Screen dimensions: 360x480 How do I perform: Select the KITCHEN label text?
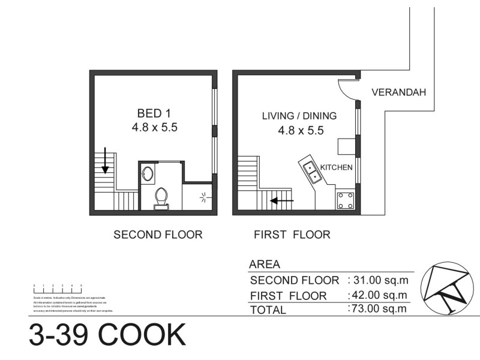tap(336, 167)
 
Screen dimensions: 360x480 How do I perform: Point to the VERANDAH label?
tap(398, 92)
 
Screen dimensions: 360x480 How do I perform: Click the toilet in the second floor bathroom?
tap(161, 197)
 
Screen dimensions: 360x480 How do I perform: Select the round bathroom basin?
tap(148, 175)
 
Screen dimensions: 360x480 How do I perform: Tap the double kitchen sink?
tap(311, 172)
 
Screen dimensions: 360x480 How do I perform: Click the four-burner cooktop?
tap(345, 200)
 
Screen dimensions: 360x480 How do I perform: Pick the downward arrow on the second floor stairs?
tap(105, 159)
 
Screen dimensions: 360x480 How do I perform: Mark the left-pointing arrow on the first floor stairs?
tap(281, 200)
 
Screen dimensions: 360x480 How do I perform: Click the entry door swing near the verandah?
tap(347, 90)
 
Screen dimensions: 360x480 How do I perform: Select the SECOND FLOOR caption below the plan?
tap(158, 235)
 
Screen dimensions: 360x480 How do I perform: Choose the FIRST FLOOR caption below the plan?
tap(292, 235)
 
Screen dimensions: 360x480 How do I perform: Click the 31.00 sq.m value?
tap(377, 280)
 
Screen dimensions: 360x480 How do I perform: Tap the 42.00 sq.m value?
tap(377, 295)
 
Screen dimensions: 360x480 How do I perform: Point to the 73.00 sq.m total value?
tap(377, 309)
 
